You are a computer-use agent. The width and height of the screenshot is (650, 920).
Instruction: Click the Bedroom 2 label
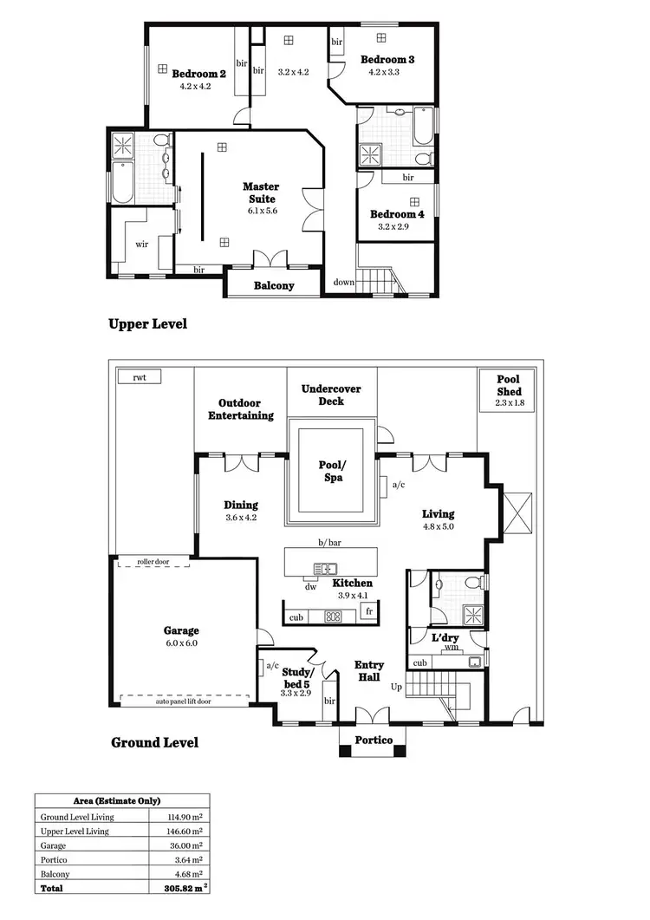pos(198,74)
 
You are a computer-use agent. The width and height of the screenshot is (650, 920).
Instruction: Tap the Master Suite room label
pos(260,192)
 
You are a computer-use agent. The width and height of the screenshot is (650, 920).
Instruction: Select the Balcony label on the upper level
pos(274,285)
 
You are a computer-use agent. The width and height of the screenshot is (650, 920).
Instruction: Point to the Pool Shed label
pos(508,385)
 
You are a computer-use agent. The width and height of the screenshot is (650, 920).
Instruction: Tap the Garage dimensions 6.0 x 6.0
pos(182,644)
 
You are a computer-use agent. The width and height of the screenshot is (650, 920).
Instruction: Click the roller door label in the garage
pos(153,561)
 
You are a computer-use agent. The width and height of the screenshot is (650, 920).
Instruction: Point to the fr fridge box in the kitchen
pos(369,611)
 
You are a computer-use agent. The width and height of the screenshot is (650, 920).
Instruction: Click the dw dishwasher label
pos(310,587)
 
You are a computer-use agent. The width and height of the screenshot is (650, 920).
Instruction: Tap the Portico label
pos(374,740)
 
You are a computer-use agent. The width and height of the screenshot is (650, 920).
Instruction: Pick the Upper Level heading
pos(147,324)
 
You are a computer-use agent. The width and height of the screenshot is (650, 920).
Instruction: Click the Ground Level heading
pos(154,742)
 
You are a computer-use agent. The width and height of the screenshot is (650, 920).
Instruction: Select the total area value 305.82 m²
pos(185,889)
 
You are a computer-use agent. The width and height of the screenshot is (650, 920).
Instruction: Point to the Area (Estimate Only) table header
pos(121,801)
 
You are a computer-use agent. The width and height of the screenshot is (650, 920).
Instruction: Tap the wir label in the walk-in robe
pos(142,244)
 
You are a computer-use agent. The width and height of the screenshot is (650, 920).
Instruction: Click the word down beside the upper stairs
pos(344,282)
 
